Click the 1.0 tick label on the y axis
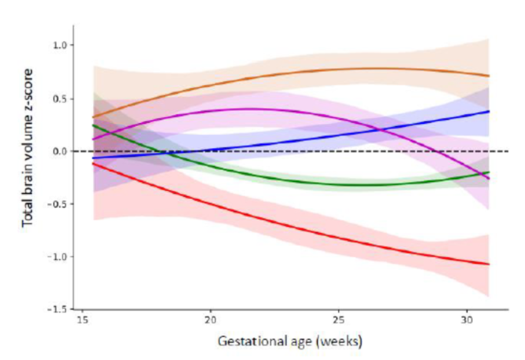(x=60, y=45)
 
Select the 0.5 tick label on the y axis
(x=60, y=98)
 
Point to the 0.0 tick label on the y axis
(x=60, y=151)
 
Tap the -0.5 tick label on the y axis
(x=58, y=204)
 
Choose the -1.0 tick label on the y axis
(x=58, y=257)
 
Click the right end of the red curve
(x=489, y=264)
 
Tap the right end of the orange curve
(x=489, y=76)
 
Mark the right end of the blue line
(x=489, y=111)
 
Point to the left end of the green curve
(x=93, y=125)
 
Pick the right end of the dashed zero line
(x=507, y=151)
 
